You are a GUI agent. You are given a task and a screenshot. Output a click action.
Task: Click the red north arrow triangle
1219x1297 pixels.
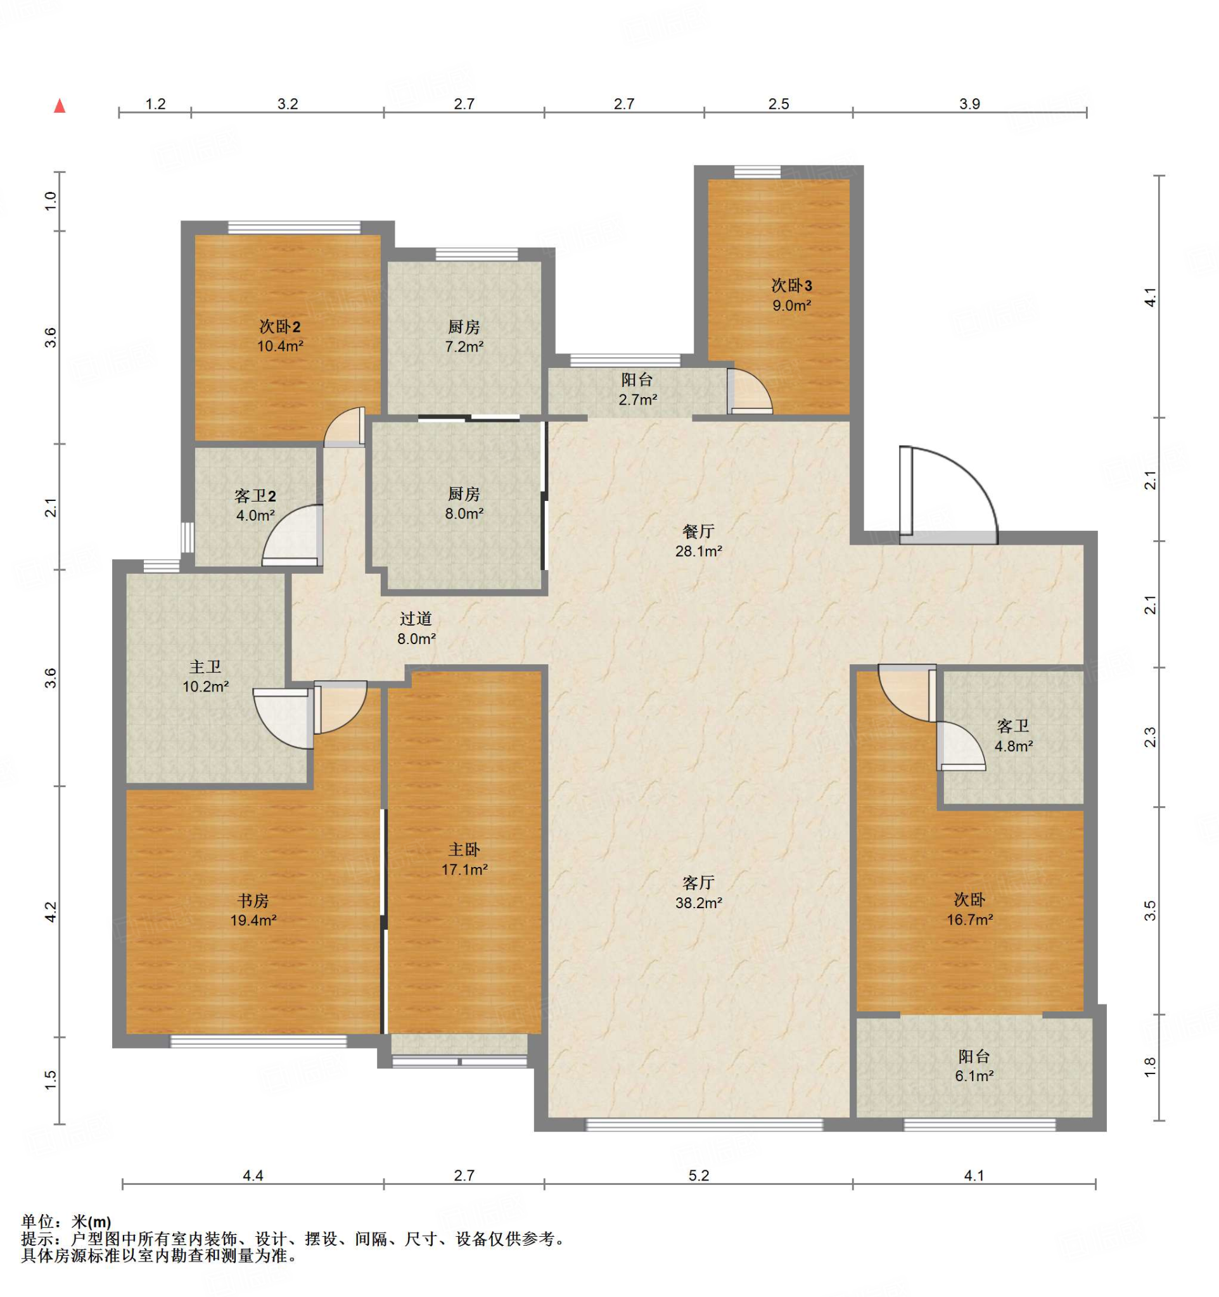point(60,106)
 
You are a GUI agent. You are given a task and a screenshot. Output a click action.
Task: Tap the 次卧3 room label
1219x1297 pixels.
point(791,286)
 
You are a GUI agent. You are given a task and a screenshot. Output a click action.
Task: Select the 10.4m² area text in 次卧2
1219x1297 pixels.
point(280,346)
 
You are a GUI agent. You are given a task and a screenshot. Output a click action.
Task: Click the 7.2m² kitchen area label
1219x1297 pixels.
point(464,347)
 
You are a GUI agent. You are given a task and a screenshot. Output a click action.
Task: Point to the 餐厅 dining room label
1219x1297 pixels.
point(698,531)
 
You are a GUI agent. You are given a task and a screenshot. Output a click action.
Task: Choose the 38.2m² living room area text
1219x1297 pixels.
point(698,903)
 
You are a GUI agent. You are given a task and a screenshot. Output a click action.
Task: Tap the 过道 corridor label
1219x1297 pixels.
point(416,619)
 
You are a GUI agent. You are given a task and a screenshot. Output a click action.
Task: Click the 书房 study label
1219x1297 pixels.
point(253,901)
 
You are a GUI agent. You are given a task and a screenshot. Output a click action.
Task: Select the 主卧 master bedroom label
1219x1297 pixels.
point(464,849)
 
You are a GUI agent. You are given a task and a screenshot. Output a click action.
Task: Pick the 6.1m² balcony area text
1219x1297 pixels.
point(974,1076)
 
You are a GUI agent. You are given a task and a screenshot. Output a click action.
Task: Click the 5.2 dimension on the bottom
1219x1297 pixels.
point(698,1175)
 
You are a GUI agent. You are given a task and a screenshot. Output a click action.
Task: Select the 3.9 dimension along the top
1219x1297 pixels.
point(970,104)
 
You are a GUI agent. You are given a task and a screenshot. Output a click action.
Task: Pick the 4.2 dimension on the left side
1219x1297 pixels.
point(51,911)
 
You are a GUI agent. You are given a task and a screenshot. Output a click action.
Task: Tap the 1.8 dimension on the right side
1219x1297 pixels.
point(1150,1066)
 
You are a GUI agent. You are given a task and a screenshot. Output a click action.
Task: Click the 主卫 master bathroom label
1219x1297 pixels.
point(205,667)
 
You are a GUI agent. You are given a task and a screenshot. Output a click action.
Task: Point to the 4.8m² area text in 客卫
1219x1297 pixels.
point(1014,745)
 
